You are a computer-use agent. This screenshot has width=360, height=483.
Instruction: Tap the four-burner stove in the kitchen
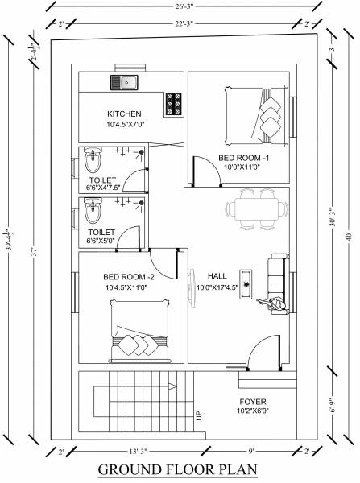(173, 105)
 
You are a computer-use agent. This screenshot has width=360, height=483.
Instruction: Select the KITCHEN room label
(125, 114)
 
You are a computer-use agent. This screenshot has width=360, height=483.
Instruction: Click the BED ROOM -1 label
(242, 158)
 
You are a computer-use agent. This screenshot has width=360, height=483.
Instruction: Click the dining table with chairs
(257, 210)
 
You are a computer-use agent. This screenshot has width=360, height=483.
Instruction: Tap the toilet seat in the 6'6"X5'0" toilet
(92, 213)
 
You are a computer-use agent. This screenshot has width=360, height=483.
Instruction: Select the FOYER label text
(252, 401)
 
